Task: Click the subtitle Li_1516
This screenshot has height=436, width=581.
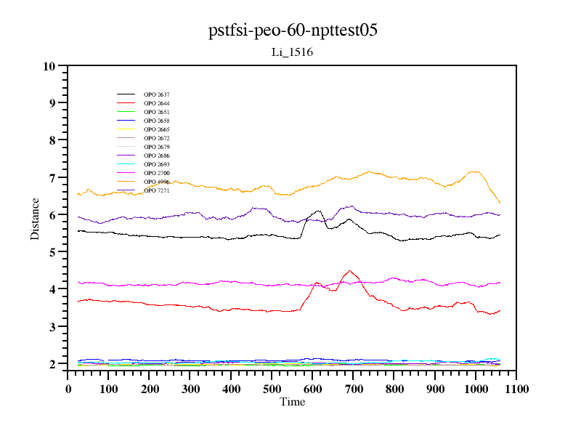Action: (292, 52)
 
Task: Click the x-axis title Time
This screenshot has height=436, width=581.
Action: (293, 402)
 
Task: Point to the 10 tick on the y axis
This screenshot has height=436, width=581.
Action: (49, 66)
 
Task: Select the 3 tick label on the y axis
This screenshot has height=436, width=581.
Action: (52, 327)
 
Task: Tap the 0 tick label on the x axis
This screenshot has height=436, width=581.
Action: (68, 389)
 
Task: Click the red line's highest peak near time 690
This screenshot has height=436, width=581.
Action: (350, 270)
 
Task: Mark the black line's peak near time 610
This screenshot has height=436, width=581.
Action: (317, 211)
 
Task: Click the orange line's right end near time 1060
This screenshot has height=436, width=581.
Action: (500, 203)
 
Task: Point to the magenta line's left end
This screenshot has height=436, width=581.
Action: (78, 281)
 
